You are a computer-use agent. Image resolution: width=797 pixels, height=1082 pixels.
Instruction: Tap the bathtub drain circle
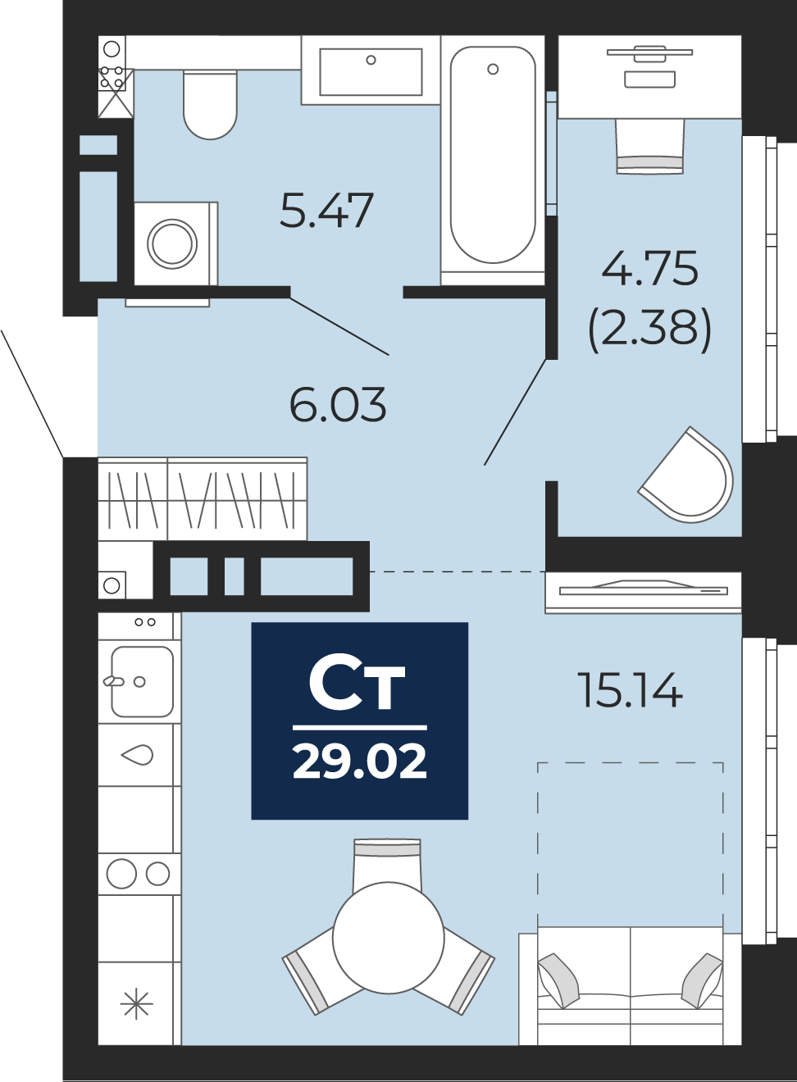tap(493, 69)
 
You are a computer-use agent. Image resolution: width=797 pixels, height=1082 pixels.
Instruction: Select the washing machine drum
tap(172, 243)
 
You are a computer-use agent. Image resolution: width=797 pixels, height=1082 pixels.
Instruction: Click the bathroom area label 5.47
tap(326, 210)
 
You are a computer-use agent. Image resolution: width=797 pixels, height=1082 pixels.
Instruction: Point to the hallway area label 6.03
tap(338, 405)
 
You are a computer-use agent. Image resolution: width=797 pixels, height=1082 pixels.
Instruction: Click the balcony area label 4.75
tap(649, 268)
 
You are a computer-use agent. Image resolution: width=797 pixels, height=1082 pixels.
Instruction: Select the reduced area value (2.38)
tap(649, 327)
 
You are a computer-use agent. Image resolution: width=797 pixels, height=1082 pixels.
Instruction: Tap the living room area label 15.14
tap(630, 690)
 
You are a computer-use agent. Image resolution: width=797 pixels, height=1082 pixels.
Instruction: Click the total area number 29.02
tap(359, 761)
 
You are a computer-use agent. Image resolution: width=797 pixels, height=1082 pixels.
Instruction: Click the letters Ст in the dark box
tap(358, 684)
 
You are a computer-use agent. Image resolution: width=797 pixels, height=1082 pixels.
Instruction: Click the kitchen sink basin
tap(143, 681)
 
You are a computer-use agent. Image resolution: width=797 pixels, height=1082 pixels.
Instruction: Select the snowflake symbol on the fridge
tap(136, 1003)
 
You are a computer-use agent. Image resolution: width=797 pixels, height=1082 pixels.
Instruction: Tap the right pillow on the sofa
tap(702, 979)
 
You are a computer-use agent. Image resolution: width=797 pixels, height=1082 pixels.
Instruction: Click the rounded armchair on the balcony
tap(690, 478)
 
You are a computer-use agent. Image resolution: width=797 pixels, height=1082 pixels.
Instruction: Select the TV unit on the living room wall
tap(643, 590)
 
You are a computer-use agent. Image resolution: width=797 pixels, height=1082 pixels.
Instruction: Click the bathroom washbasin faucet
tap(371, 60)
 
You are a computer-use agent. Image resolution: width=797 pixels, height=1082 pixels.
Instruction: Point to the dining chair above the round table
tap(387, 861)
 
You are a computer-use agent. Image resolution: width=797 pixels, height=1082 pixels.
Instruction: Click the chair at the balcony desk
tap(649, 146)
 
